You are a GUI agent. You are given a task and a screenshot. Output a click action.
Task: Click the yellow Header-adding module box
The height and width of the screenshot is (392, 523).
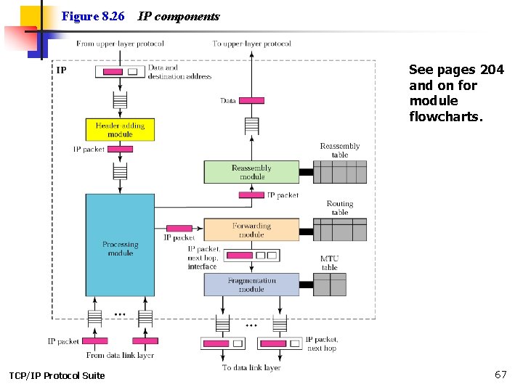[120, 130]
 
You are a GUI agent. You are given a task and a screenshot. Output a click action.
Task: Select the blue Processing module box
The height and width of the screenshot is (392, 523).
[120, 244]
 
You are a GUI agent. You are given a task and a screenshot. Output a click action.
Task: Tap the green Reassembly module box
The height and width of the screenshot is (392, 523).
[251, 172]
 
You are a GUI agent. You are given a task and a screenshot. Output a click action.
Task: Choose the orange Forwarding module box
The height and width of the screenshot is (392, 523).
[251, 230]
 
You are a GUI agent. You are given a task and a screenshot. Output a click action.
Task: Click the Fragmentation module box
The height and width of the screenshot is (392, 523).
[251, 285]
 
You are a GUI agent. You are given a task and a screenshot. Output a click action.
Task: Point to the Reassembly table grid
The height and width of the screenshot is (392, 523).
[340, 172]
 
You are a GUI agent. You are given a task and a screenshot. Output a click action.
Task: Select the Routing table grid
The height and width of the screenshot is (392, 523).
[340, 230]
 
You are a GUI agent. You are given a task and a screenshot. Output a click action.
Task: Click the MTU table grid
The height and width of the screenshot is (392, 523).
[330, 285]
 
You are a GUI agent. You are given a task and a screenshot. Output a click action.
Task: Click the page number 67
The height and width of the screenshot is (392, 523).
[500, 375]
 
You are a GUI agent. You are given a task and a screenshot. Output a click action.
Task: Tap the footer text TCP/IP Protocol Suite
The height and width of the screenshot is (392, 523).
[57, 375]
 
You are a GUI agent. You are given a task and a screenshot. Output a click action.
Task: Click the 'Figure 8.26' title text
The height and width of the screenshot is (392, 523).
[93, 16]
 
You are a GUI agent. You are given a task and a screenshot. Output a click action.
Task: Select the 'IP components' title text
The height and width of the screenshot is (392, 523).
[179, 16]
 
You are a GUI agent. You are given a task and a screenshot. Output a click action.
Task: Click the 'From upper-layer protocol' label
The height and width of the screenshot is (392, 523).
[120, 44]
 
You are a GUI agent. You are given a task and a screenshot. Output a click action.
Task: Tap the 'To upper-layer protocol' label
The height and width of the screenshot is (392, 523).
[251, 44]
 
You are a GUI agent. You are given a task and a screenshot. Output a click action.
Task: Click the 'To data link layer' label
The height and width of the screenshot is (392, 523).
[251, 367]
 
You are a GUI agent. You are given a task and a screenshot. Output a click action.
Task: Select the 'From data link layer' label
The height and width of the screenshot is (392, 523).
[120, 355]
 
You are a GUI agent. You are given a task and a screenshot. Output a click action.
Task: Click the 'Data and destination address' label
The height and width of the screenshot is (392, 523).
[179, 72]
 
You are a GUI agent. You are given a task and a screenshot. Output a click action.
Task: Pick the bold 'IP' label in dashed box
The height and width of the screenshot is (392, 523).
[62, 70]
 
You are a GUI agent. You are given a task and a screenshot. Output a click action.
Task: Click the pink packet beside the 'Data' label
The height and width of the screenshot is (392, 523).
[251, 101]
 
